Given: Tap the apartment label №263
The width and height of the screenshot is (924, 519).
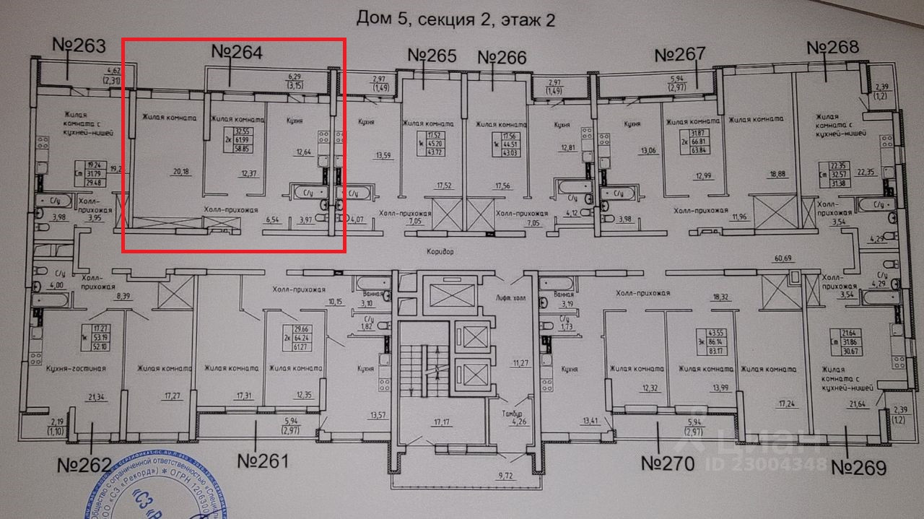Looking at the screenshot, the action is pyautogui.click(x=79, y=45).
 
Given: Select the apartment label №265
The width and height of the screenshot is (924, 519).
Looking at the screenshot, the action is pyautogui.click(x=432, y=56).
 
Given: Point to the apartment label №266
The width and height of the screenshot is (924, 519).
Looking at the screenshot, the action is pyautogui.click(x=502, y=57).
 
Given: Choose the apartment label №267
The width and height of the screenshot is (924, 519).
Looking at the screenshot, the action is pyautogui.click(x=679, y=55).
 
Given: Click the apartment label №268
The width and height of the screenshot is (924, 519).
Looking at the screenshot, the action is pyautogui.click(x=832, y=48).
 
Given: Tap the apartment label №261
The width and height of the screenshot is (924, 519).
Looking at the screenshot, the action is pyautogui.click(x=263, y=461).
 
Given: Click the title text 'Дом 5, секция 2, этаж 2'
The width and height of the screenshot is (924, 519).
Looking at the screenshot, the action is pyautogui.click(x=456, y=19).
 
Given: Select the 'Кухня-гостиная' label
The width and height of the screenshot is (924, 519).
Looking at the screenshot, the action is pyautogui.click(x=76, y=369).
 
